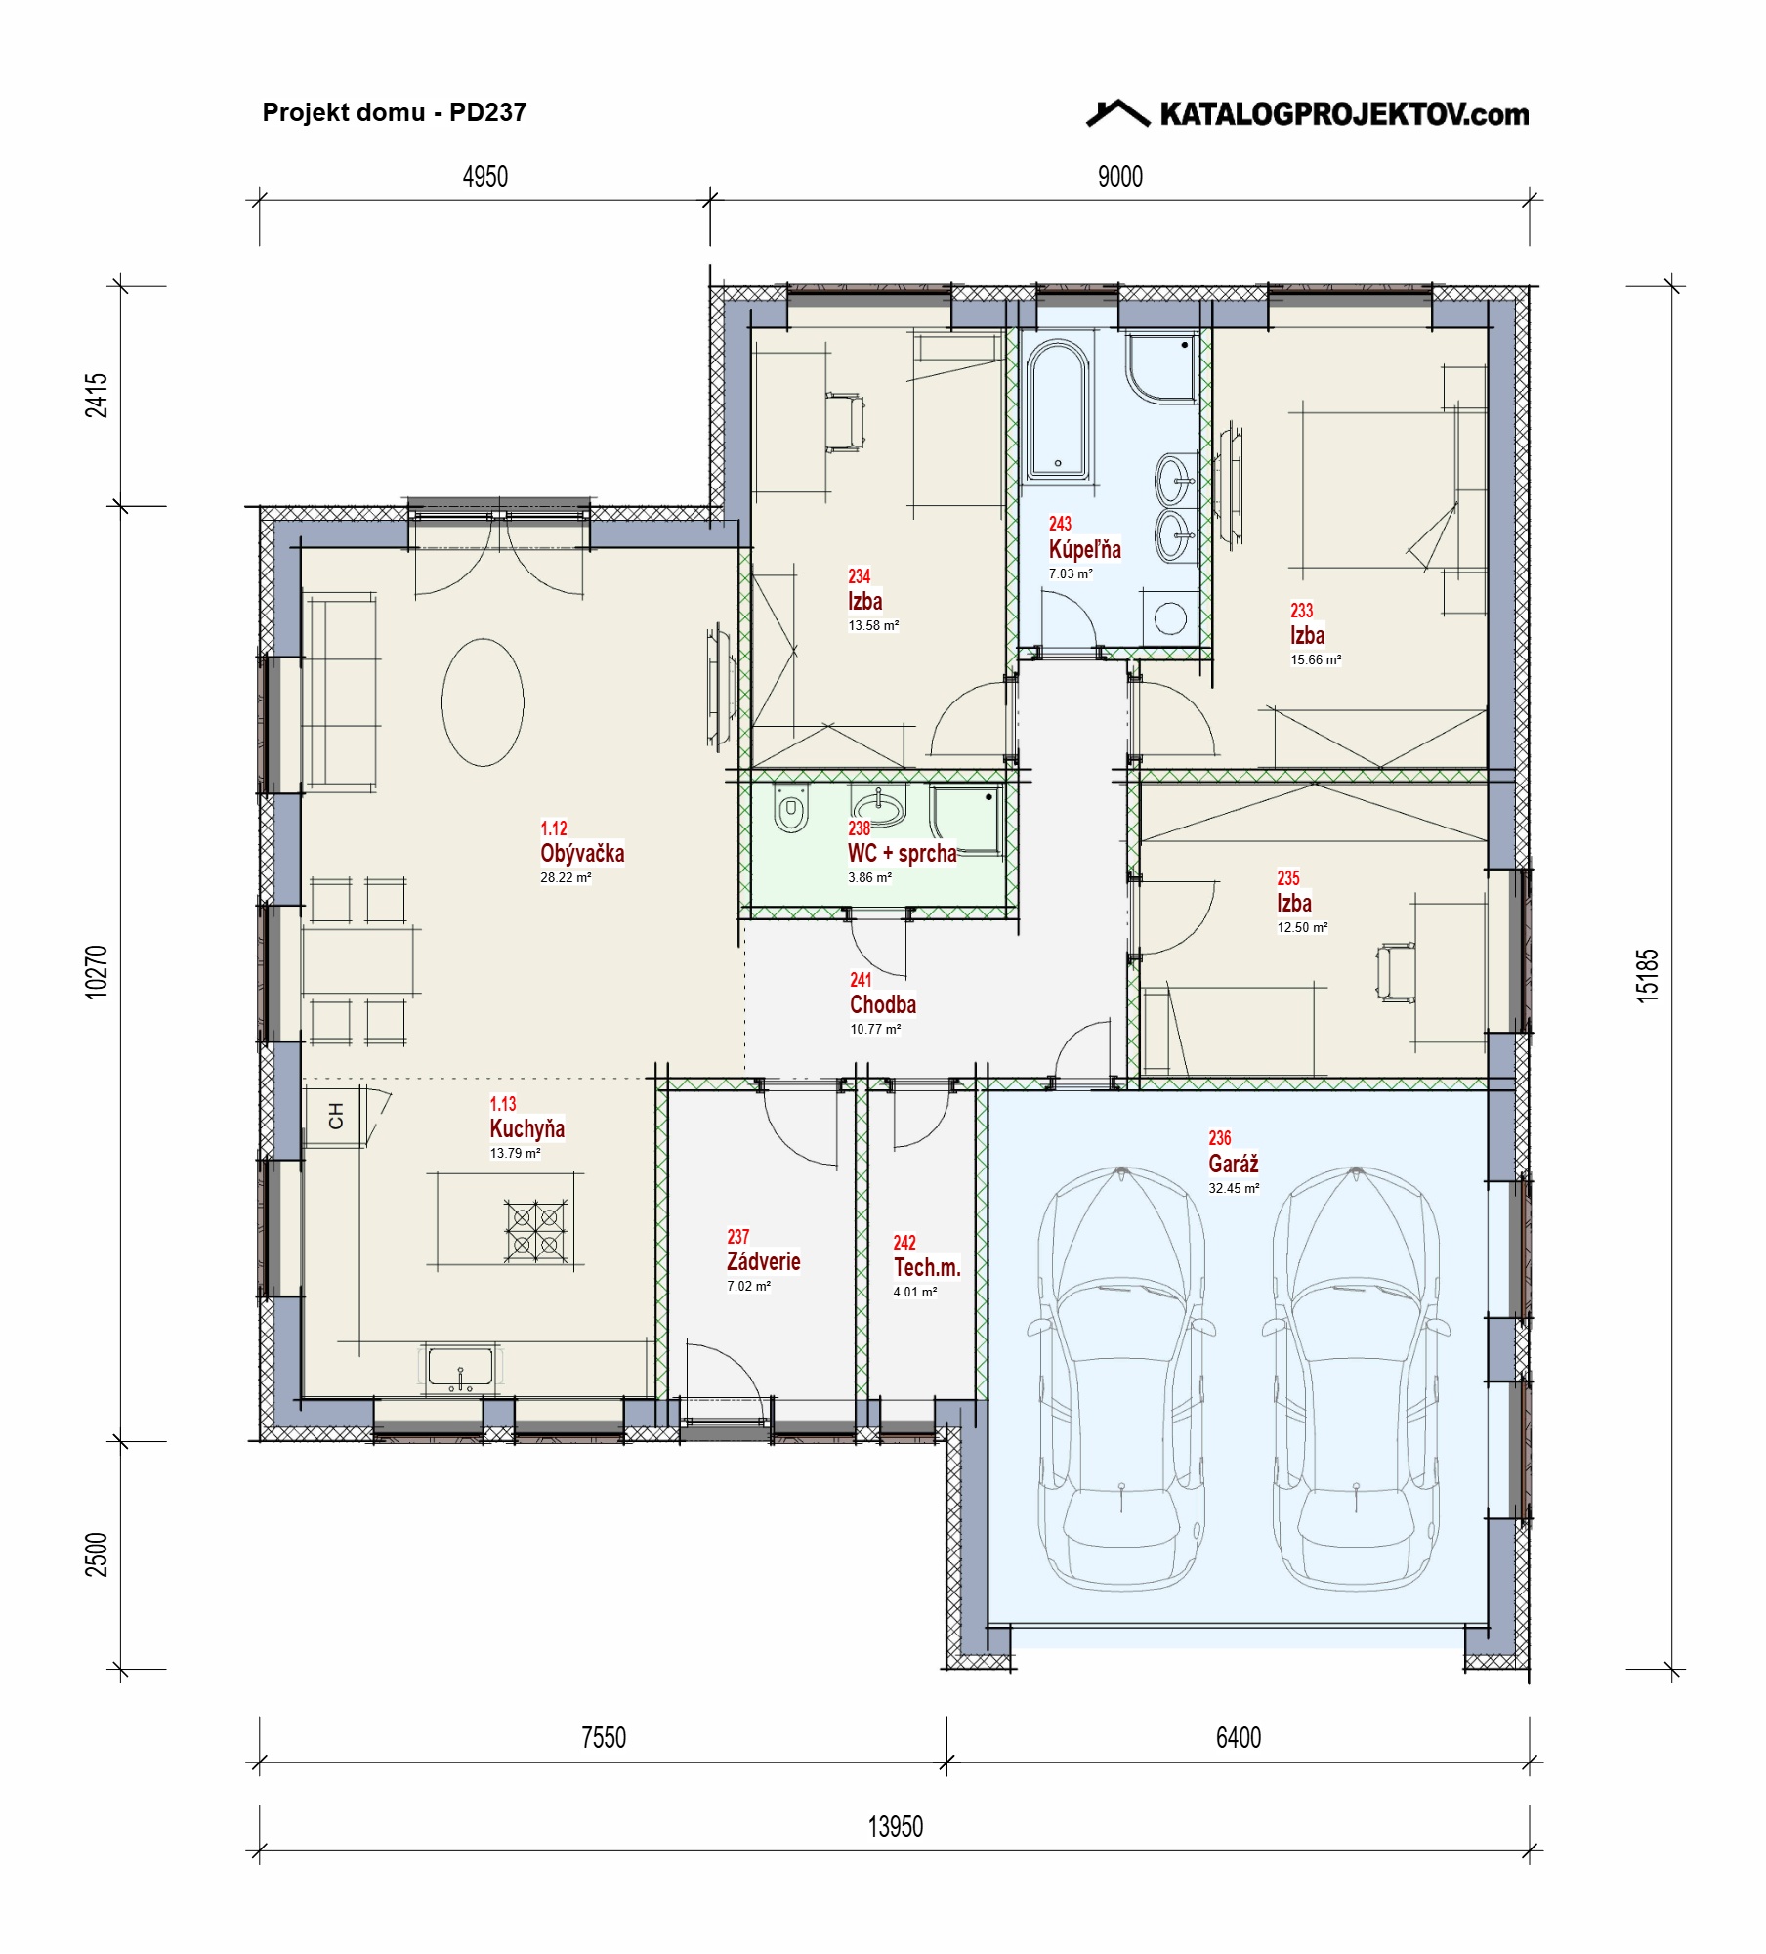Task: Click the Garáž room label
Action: [1233, 1164]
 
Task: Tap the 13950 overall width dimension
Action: [895, 1826]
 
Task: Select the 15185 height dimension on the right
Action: [1647, 975]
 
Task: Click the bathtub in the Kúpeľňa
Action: [1057, 409]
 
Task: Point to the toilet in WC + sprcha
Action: [790, 809]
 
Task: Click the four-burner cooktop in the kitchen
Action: [535, 1231]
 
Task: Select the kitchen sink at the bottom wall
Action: [460, 1368]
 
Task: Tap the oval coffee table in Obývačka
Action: [483, 701]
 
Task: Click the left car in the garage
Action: [1120, 1378]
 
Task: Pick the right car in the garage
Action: [1356, 1378]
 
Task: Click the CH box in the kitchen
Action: [335, 1116]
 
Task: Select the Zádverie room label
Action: [763, 1261]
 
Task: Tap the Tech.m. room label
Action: [927, 1267]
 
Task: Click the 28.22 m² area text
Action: [566, 877]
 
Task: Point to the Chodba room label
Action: [883, 1004]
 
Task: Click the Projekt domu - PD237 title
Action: [395, 112]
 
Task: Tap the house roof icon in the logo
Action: [1118, 113]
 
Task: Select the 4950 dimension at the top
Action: [485, 177]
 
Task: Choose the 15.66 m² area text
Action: [1316, 659]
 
